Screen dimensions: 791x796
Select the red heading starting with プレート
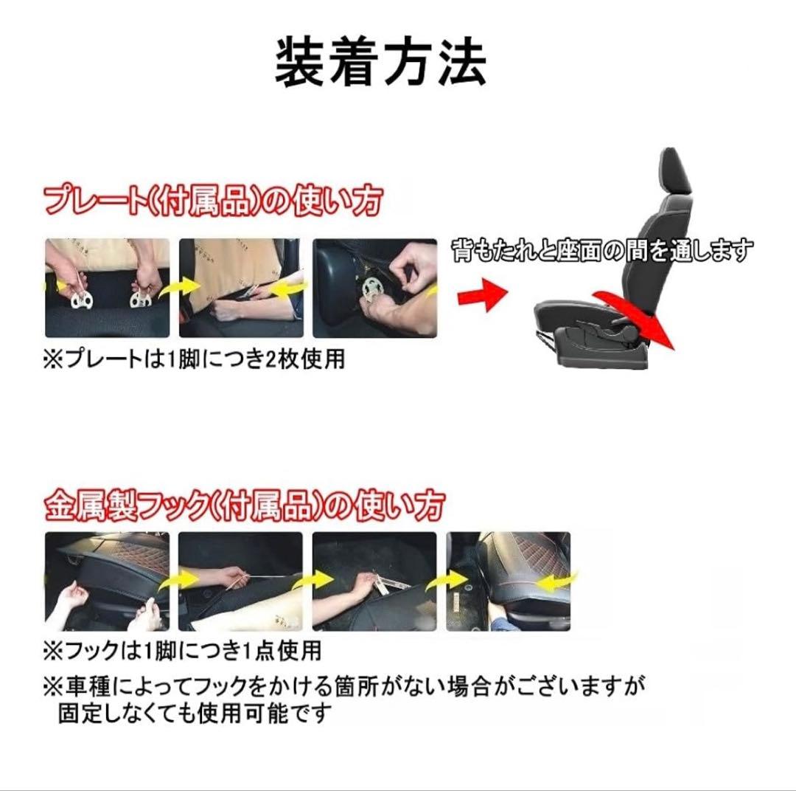click(x=213, y=201)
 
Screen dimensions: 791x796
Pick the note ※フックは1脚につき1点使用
click(x=183, y=650)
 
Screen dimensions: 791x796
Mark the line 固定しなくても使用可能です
click(x=195, y=714)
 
